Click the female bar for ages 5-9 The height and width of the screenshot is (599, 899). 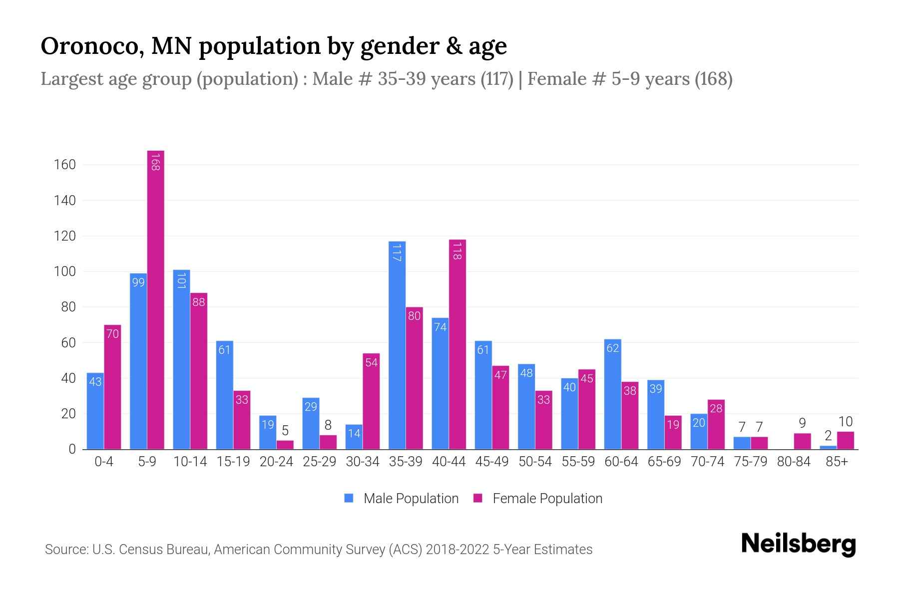click(x=156, y=299)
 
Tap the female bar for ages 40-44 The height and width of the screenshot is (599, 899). click(x=457, y=344)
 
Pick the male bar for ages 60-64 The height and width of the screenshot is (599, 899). click(x=612, y=394)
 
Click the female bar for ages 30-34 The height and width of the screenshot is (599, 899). click(x=371, y=401)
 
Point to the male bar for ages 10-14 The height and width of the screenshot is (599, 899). click(x=181, y=359)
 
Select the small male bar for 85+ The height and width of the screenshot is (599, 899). click(x=828, y=447)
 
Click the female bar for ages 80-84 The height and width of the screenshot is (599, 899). click(x=802, y=441)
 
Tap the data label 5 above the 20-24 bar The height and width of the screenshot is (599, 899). click(x=285, y=430)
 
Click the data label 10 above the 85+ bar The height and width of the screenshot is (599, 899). click(x=845, y=421)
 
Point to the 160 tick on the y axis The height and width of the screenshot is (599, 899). click(x=64, y=165)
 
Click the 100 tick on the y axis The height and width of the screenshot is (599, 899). click(x=64, y=272)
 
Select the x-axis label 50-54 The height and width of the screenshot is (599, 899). click(x=535, y=462)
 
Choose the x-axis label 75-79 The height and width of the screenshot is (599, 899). click(x=750, y=462)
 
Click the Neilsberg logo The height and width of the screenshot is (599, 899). click(x=798, y=544)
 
